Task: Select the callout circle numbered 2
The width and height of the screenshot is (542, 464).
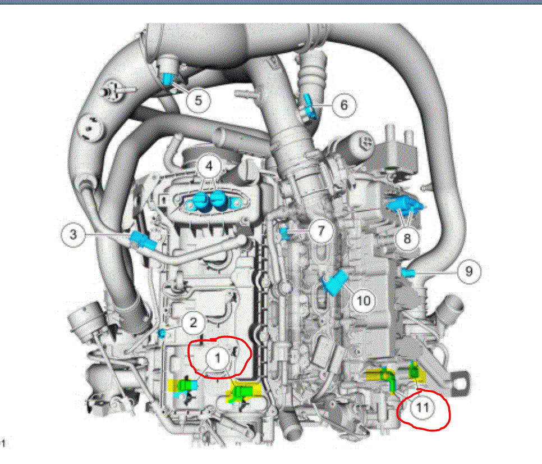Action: click(x=193, y=322)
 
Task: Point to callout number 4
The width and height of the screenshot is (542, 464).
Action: click(x=209, y=166)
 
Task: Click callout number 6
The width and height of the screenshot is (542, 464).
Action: click(x=343, y=104)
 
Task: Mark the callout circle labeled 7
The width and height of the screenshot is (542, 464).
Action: click(x=320, y=230)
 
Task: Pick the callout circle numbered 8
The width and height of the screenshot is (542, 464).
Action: click(x=407, y=239)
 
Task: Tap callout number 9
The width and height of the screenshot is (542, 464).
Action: click(x=468, y=272)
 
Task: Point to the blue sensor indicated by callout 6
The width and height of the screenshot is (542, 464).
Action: click(x=310, y=106)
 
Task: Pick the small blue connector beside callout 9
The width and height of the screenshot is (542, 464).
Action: click(x=408, y=273)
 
